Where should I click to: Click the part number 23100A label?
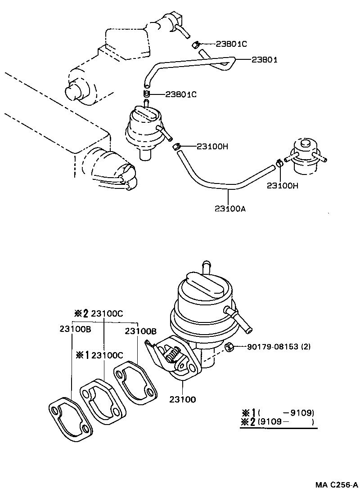click(230, 208)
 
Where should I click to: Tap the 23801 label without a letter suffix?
click(264, 59)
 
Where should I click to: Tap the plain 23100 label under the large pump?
click(183, 399)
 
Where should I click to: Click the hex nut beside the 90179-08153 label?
click(228, 347)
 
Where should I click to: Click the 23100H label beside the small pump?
click(212, 146)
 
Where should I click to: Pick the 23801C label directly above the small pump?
click(181, 94)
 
